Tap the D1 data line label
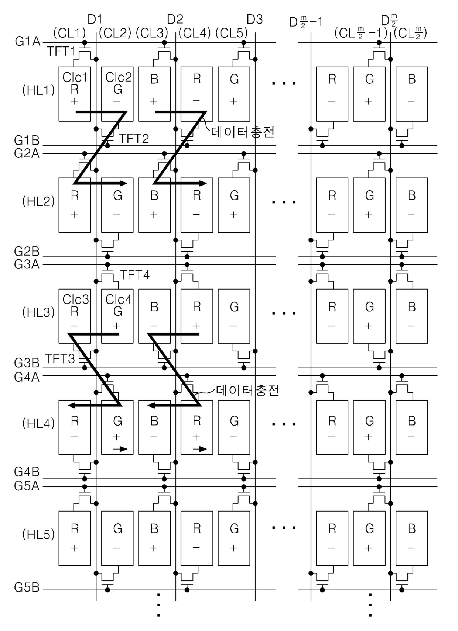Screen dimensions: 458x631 tap(95, 20)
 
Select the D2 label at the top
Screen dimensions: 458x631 tap(175, 20)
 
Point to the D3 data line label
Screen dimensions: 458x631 tap(255, 20)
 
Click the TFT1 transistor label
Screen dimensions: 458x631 tap(62, 51)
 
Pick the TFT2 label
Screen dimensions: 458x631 tap(134, 139)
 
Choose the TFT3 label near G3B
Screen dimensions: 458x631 tap(60, 359)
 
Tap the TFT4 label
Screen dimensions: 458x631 tap(135, 275)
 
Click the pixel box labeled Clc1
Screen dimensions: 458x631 tap(75, 94)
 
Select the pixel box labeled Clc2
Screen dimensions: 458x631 tap(117, 94)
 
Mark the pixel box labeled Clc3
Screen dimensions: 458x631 tap(75, 316)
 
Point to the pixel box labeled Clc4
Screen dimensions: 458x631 tap(117, 316)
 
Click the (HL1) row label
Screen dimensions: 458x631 tap(38, 90)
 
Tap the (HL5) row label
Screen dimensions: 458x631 tap(38, 534)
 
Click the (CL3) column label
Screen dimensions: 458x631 tap(152, 33)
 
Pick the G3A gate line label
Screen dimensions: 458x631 tap(27, 264)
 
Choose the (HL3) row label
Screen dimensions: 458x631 tap(38, 312)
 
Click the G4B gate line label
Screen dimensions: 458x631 tap(27, 472)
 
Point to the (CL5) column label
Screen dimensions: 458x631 tap(231, 33)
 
